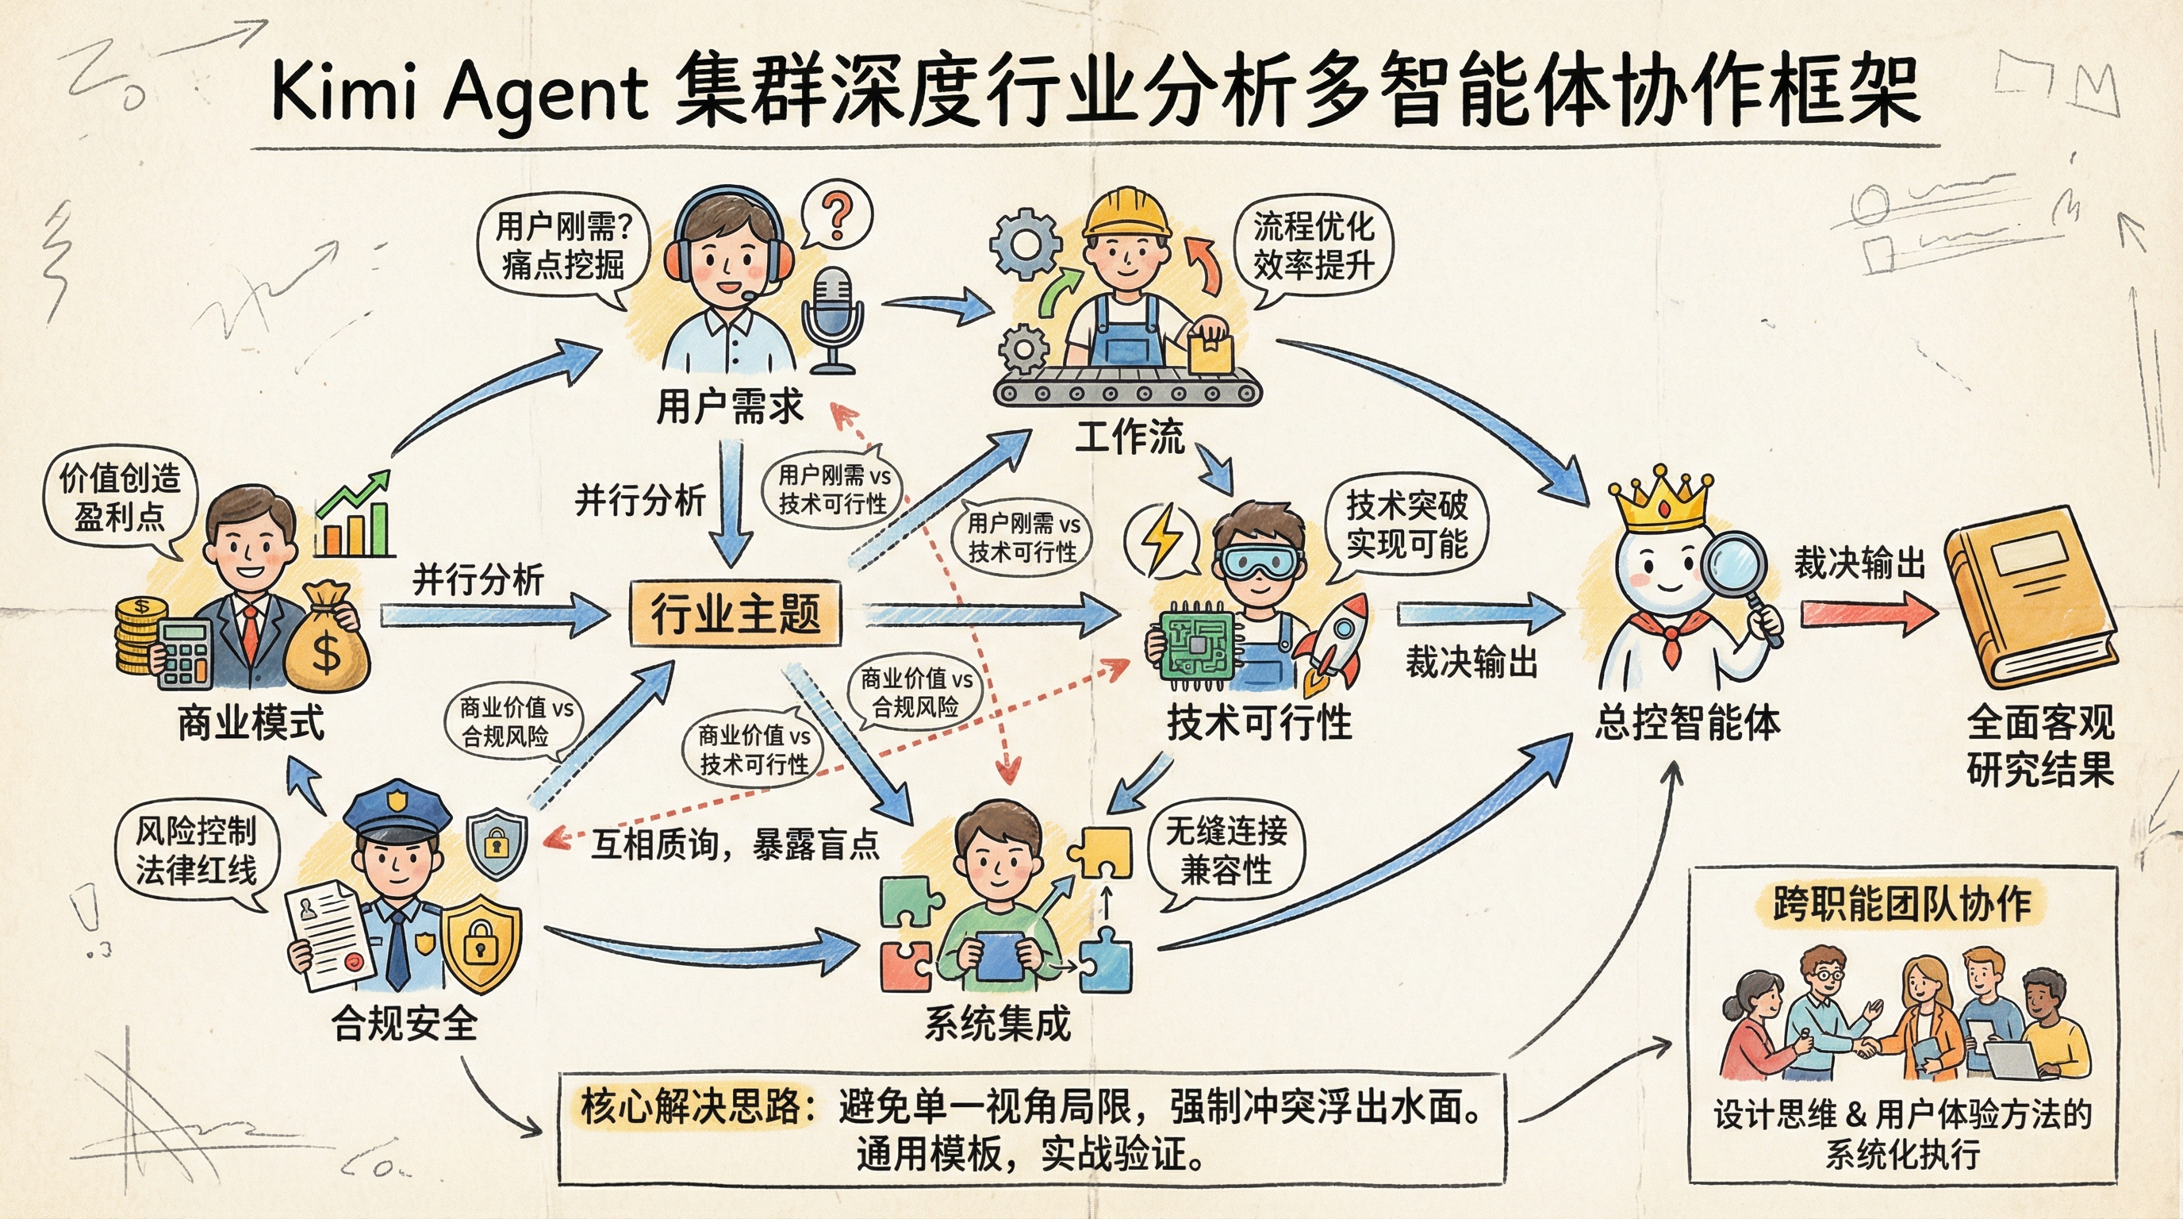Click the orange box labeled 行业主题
[735, 612]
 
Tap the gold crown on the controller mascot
[1661, 502]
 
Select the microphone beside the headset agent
[833, 318]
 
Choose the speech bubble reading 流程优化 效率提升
[1314, 246]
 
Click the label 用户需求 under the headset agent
[730, 407]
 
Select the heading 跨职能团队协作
[1901, 904]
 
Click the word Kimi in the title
[343, 93]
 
